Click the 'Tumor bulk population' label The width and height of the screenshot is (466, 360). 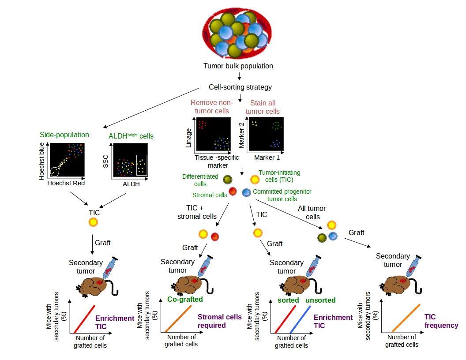click(238, 66)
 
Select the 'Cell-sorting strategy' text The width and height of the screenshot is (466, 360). click(240, 87)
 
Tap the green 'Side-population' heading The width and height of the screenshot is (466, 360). click(64, 135)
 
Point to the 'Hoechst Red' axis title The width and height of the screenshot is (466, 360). click(66, 183)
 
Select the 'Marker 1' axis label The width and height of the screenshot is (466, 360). click(267, 157)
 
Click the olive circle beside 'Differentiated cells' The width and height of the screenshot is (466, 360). click(227, 180)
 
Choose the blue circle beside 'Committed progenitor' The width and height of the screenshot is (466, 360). click(246, 192)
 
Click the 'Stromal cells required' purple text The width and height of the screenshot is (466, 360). click(219, 321)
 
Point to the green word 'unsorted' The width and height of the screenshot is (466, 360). click(320, 300)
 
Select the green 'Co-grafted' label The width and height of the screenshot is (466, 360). click(185, 299)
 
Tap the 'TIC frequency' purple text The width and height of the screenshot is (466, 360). click(441, 321)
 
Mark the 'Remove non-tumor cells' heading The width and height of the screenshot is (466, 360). click(211, 106)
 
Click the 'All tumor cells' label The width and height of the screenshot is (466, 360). click(313, 212)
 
